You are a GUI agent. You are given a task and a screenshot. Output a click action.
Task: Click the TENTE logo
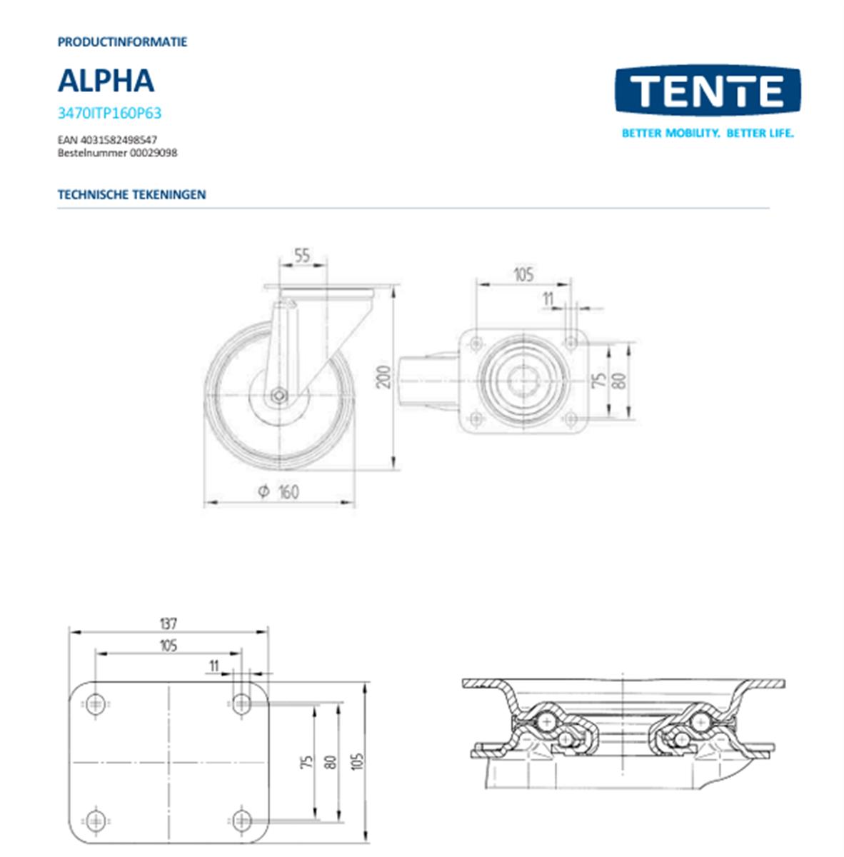pyautogui.click(x=707, y=91)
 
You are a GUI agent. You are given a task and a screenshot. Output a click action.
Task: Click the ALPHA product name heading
pyautogui.click(x=106, y=81)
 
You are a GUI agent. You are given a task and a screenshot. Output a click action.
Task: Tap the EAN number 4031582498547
pyautogui.click(x=107, y=140)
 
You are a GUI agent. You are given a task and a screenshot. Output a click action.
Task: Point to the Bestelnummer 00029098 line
pyautogui.click(x=117, y=152)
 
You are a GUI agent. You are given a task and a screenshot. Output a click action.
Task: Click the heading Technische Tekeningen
pyautogui.click(x=131, y=194)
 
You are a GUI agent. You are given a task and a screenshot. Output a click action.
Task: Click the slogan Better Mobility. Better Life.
pyautogui.click(x=707, y=133)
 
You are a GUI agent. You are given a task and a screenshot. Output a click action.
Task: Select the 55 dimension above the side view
pyautogui.click(x=302, y=256)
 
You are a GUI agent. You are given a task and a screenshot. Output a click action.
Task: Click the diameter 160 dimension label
pyautogui.click(x=279, y=492)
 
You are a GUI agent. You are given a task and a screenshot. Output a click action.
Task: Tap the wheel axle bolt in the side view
pyautogui.click(x=279, y=394)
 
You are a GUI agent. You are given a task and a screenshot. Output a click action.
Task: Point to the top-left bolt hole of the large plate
pyautogui.click(x=95, y=703)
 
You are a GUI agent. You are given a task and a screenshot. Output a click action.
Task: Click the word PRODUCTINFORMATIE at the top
pyautogui.click(x=122, y=42)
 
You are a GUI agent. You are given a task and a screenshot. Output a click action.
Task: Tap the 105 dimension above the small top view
pyautogui.click(x=523, y=274)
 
